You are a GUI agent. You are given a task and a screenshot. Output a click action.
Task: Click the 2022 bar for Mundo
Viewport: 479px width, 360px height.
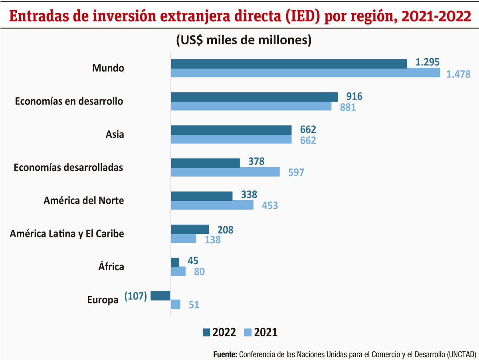[289, 63]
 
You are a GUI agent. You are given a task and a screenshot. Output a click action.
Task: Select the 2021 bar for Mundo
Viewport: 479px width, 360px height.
[305, 73]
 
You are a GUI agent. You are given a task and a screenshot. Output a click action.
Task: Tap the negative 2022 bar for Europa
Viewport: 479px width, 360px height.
[160, 295]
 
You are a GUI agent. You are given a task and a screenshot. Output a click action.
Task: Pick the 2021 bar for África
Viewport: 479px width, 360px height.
[178, 271]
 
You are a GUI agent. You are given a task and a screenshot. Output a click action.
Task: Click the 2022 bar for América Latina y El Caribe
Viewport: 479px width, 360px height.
[190, 229]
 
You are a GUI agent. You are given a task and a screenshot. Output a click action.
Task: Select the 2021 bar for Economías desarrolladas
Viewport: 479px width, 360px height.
[225, 172]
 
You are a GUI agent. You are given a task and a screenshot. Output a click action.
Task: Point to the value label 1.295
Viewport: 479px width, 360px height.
[428, 62]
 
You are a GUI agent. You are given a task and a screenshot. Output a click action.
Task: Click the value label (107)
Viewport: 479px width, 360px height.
[136, 296]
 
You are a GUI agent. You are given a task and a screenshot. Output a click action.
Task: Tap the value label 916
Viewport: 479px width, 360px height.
[354, 96]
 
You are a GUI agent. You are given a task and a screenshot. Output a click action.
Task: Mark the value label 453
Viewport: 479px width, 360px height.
[270, 206]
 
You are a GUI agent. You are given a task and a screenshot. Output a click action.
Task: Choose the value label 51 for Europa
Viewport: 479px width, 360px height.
[194, 305]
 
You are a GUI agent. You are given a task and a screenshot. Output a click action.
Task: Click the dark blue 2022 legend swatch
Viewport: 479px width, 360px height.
[206, 332]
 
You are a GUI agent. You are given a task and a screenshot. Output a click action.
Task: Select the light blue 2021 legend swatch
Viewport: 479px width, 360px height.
[248, 332]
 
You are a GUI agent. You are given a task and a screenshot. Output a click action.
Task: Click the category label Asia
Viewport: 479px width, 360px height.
[115, 135]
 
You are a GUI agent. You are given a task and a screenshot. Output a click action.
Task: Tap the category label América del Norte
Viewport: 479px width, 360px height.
[83, 200]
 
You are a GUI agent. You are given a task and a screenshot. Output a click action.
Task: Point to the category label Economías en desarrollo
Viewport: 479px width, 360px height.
[69, 101]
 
